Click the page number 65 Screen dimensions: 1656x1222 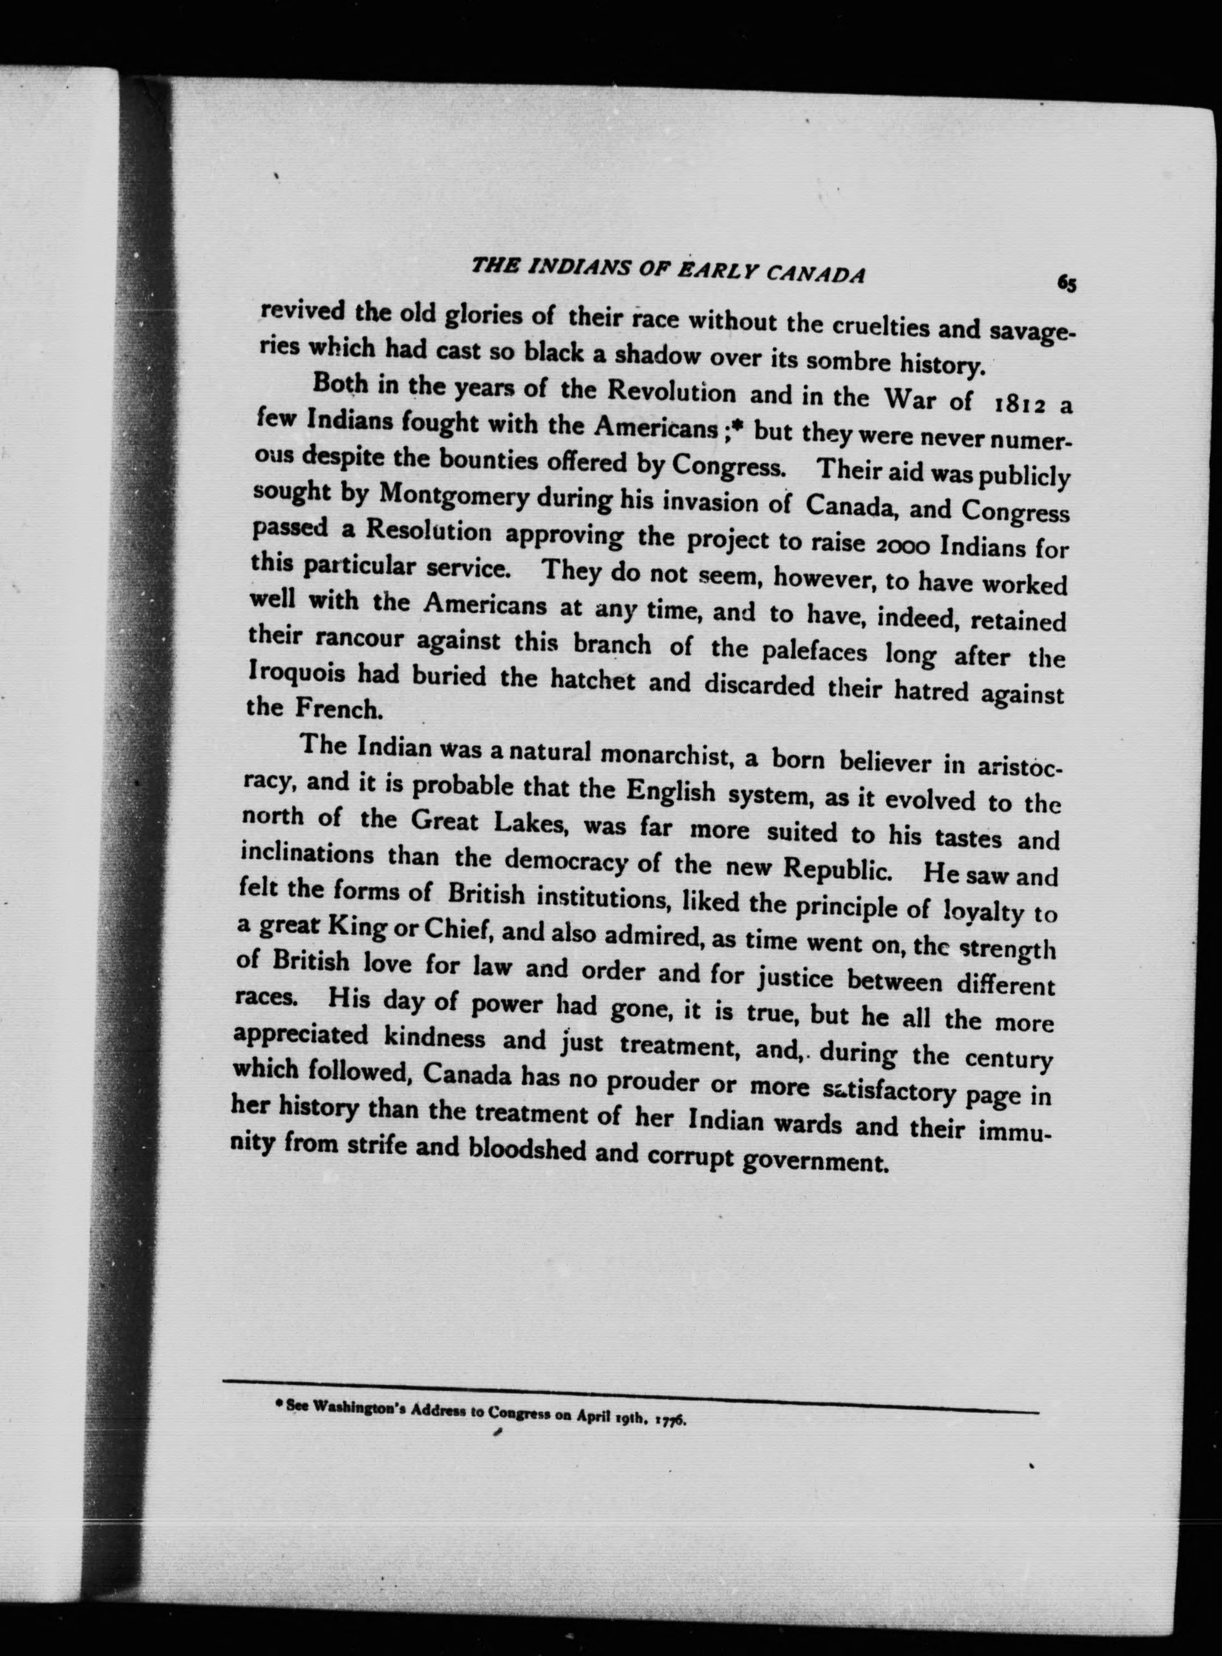(1066, 283)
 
